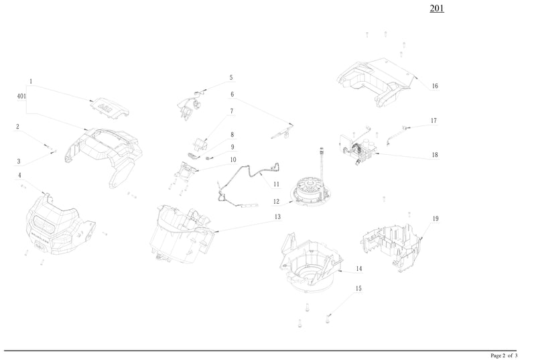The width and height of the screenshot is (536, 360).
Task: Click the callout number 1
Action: pos(31,81)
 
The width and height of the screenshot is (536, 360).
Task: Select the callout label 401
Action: pos(21,97)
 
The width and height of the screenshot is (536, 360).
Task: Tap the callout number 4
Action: pos(19,176)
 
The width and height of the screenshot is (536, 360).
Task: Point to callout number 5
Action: pos(231,78)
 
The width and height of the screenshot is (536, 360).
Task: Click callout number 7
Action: pos(232,111)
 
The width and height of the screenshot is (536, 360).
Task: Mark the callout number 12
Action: pos(276,201)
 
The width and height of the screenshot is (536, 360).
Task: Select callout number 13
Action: pos(277,217)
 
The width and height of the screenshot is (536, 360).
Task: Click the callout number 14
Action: pos(359,268)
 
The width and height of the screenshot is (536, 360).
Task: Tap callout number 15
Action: pos(358,288)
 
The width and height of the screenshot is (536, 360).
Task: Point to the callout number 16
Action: pos(435,86)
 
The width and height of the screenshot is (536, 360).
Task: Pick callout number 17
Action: pos(433,121)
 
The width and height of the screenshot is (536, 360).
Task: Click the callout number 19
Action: pos(435,219)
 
